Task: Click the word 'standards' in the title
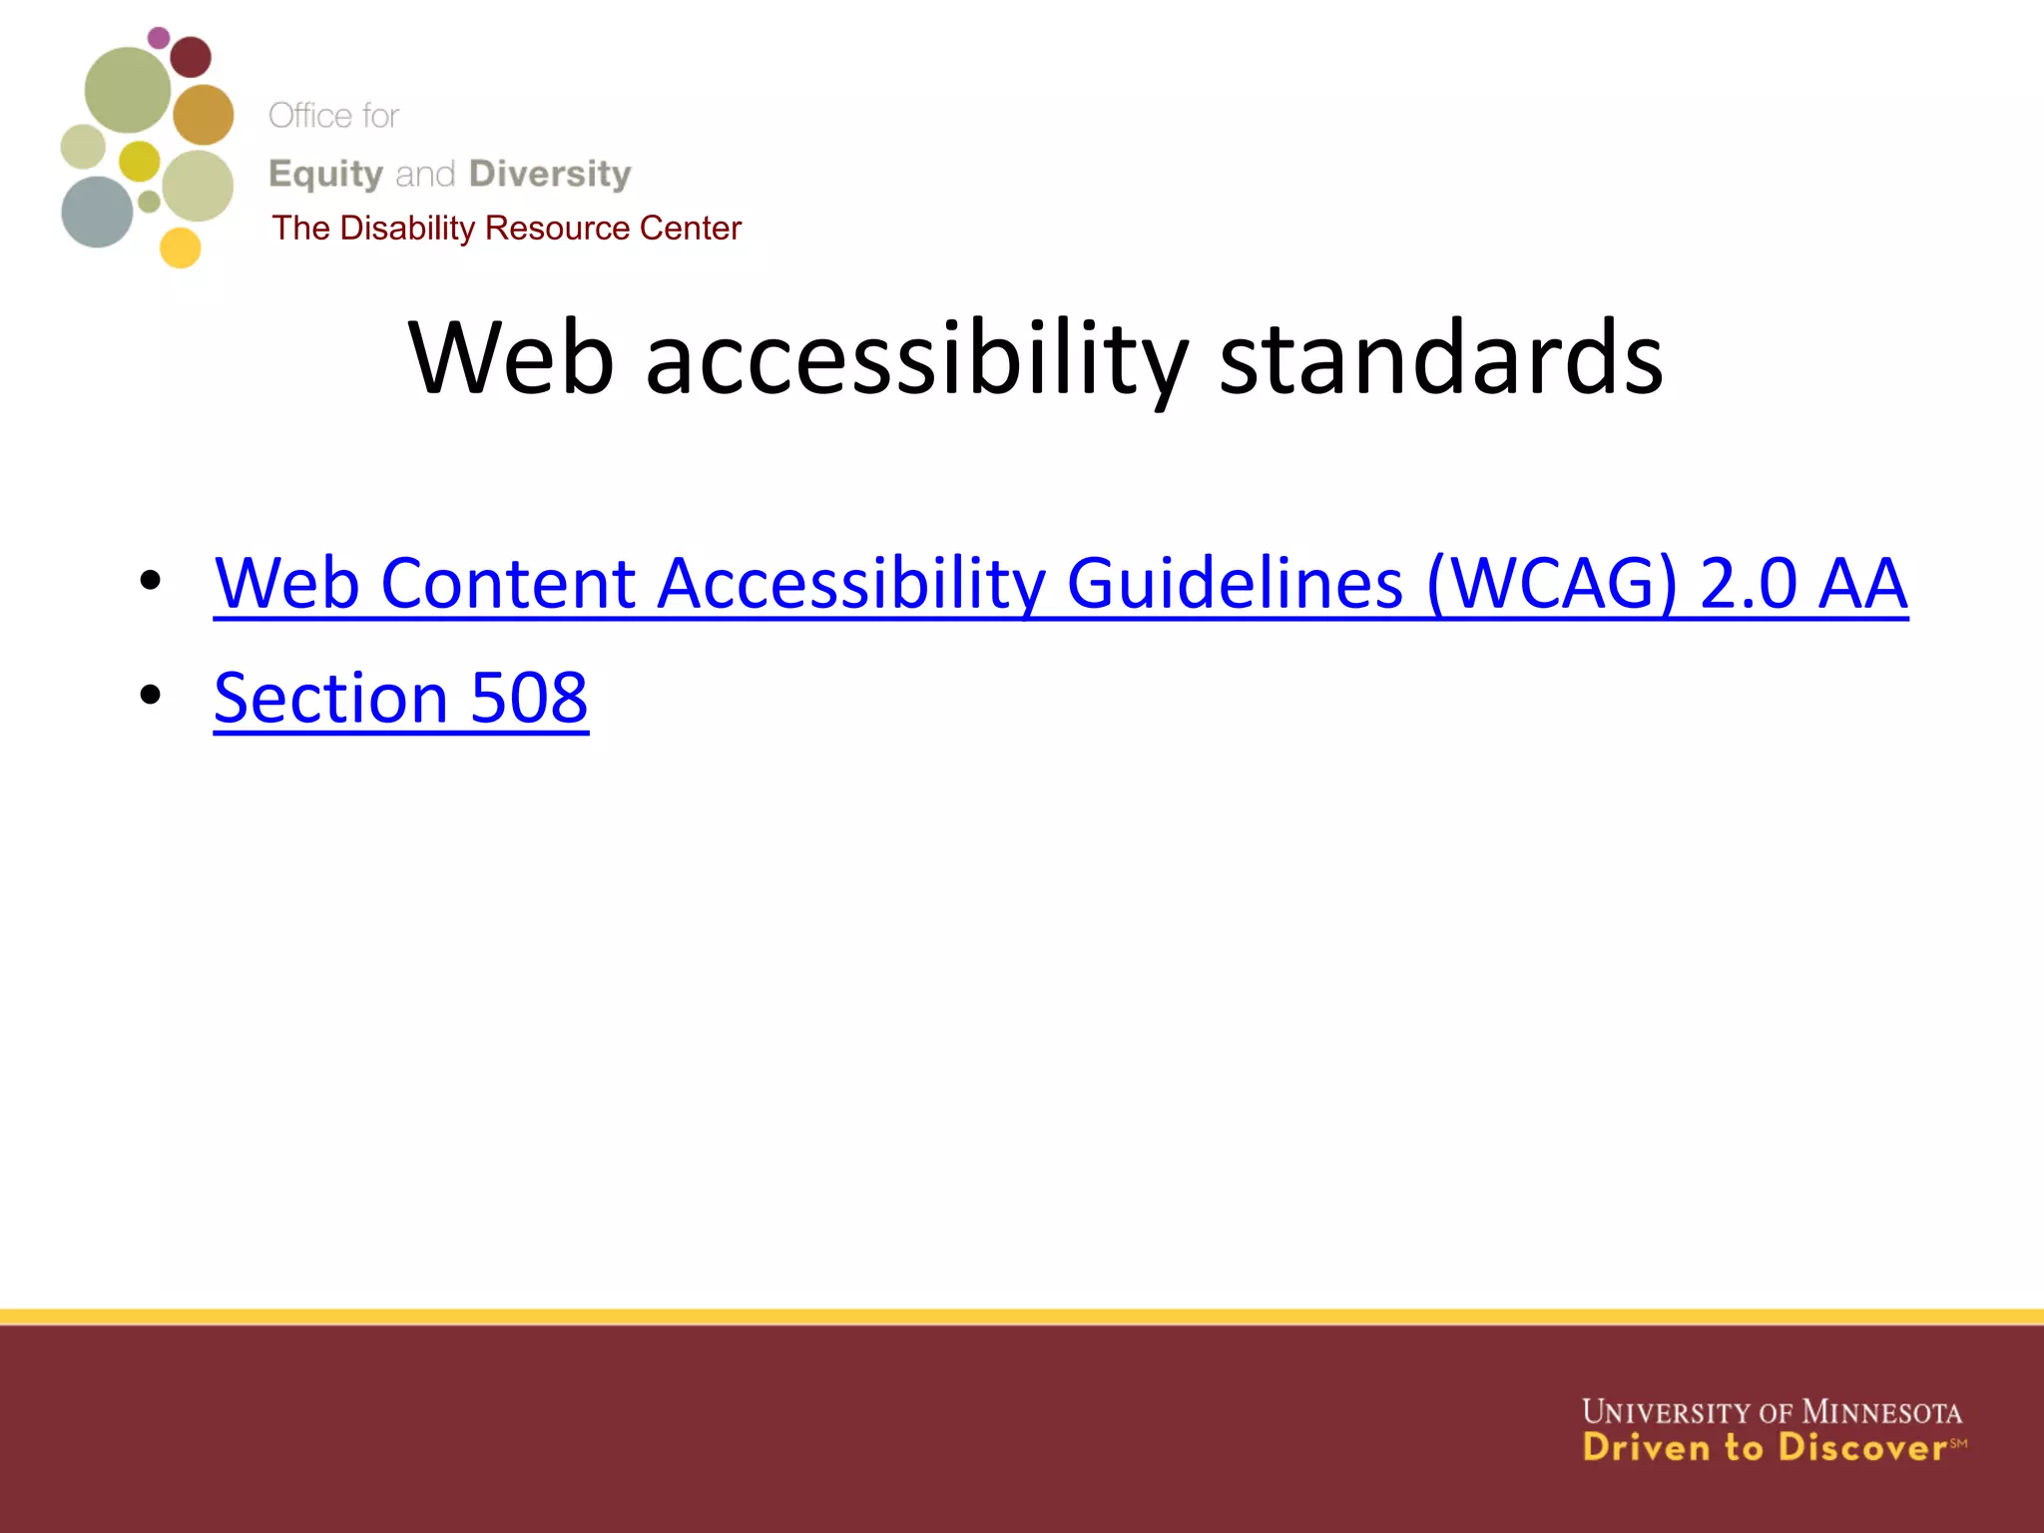(x=1440, y=358)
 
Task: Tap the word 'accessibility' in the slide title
(x=916, y=358)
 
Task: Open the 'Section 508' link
(x=400, y=698)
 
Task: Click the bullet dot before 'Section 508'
(x=150, y=695)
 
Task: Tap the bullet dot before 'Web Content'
(x=150, y=580)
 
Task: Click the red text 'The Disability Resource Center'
(x=506, y=229)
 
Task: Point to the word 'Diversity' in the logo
(x=550, y=174)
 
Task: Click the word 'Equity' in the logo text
(x=326, y=175)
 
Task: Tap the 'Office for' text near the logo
(x=333, y=116)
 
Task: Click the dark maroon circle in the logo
(x=191, y=56)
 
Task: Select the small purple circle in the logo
(x=159, y=38)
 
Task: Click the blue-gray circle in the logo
(x=97, y=212)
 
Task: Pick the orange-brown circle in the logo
(x=204, y=114)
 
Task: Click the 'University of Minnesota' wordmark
(x=1772, y=1412)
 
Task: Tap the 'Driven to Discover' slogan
(x=1765, y=1448)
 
